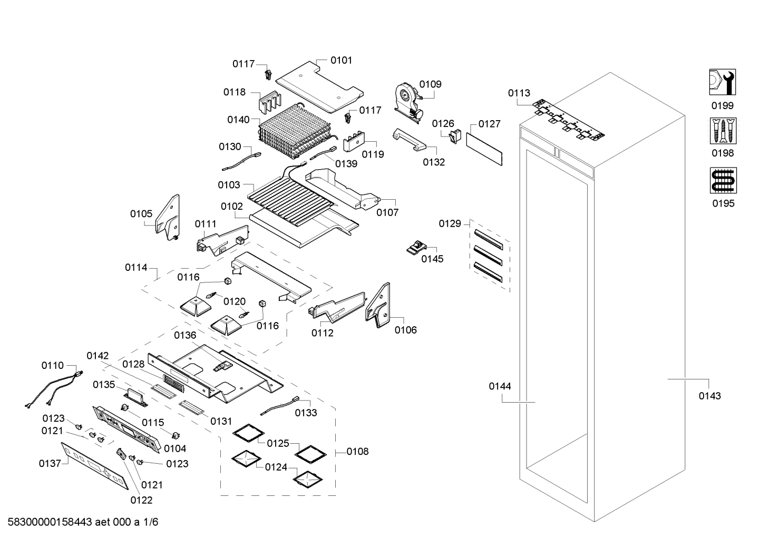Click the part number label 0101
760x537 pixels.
pos(341,61)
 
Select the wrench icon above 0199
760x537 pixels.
pos(723,82)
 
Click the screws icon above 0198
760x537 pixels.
pos(723,130)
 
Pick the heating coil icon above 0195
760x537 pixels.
pos(723,180)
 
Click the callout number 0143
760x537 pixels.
pos(709,396)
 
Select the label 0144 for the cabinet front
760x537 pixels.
pos(500,386)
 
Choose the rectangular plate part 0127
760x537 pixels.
pos(484,150)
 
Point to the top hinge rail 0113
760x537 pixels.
pos(567,119)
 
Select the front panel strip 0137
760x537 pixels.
pos(95,464)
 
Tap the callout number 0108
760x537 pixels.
pos(358,452)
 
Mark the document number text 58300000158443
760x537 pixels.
pos(48,522)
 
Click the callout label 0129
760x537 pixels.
pos(450,224)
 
